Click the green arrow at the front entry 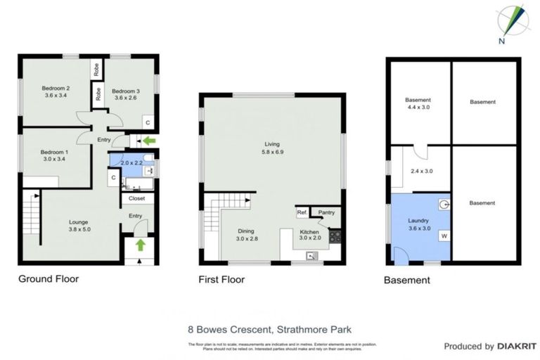coord(141,245)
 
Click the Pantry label coord(326,212)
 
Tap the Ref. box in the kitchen coord(302,212)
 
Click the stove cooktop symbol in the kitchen coord(335,236)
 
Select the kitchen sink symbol coord(311,257)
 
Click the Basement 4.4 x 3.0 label coord(418,104)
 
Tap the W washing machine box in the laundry coord(444,236)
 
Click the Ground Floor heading coord(49,279)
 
